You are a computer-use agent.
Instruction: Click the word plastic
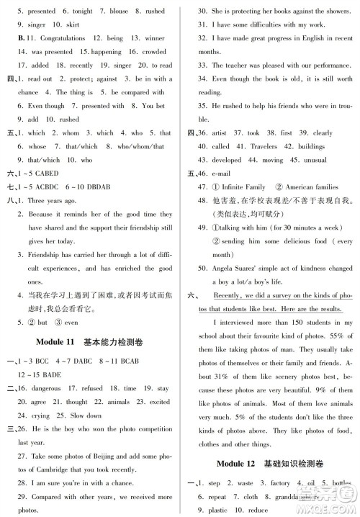pyautogui.click(x=215, y=510)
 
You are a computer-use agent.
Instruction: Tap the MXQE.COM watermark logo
pyautogui.click(x=324, y=497)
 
